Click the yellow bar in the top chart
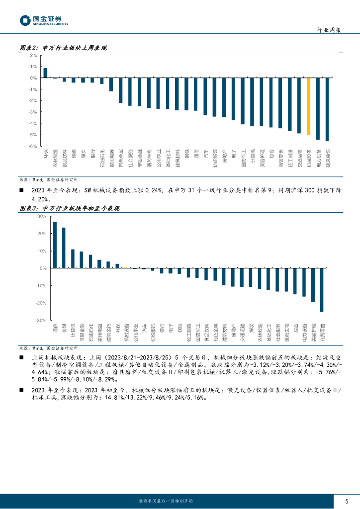click(x=308, y=106)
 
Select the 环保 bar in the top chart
click(x=45, y=73)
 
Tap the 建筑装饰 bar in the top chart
click(x=327, y=109)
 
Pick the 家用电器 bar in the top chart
click(x=111, y=85)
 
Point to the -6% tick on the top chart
click(x=33, y=146)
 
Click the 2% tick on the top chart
click(x=34, y=56)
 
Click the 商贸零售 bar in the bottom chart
click(x=322, y=290)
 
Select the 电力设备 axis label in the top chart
click(x=318, y=157)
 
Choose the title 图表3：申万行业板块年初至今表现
click(x=69, y=209)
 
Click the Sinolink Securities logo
click(x=44, y=20)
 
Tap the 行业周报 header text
click(x=329, y=30)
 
